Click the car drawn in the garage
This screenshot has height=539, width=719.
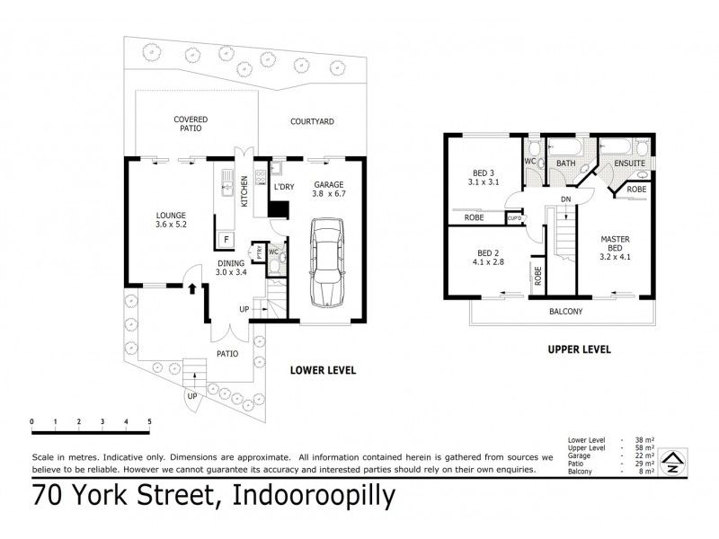click(x=324, y=262)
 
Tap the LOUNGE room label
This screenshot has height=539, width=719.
click(x=170, y=215)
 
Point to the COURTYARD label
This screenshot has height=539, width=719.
click(x=313, y=120)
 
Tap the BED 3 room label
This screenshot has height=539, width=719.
click(x=484, y=172)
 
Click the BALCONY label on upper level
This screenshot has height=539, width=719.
click(x=566, y=312)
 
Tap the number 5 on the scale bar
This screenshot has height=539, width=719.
click(x=149, y=421)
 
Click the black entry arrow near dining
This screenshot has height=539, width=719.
click(x=193, y=287)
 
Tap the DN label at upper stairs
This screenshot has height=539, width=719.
click(x=564, y=199)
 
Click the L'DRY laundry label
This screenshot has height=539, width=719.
click(x=283, y=186)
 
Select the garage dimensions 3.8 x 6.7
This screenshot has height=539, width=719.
click(x=328, y=194)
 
